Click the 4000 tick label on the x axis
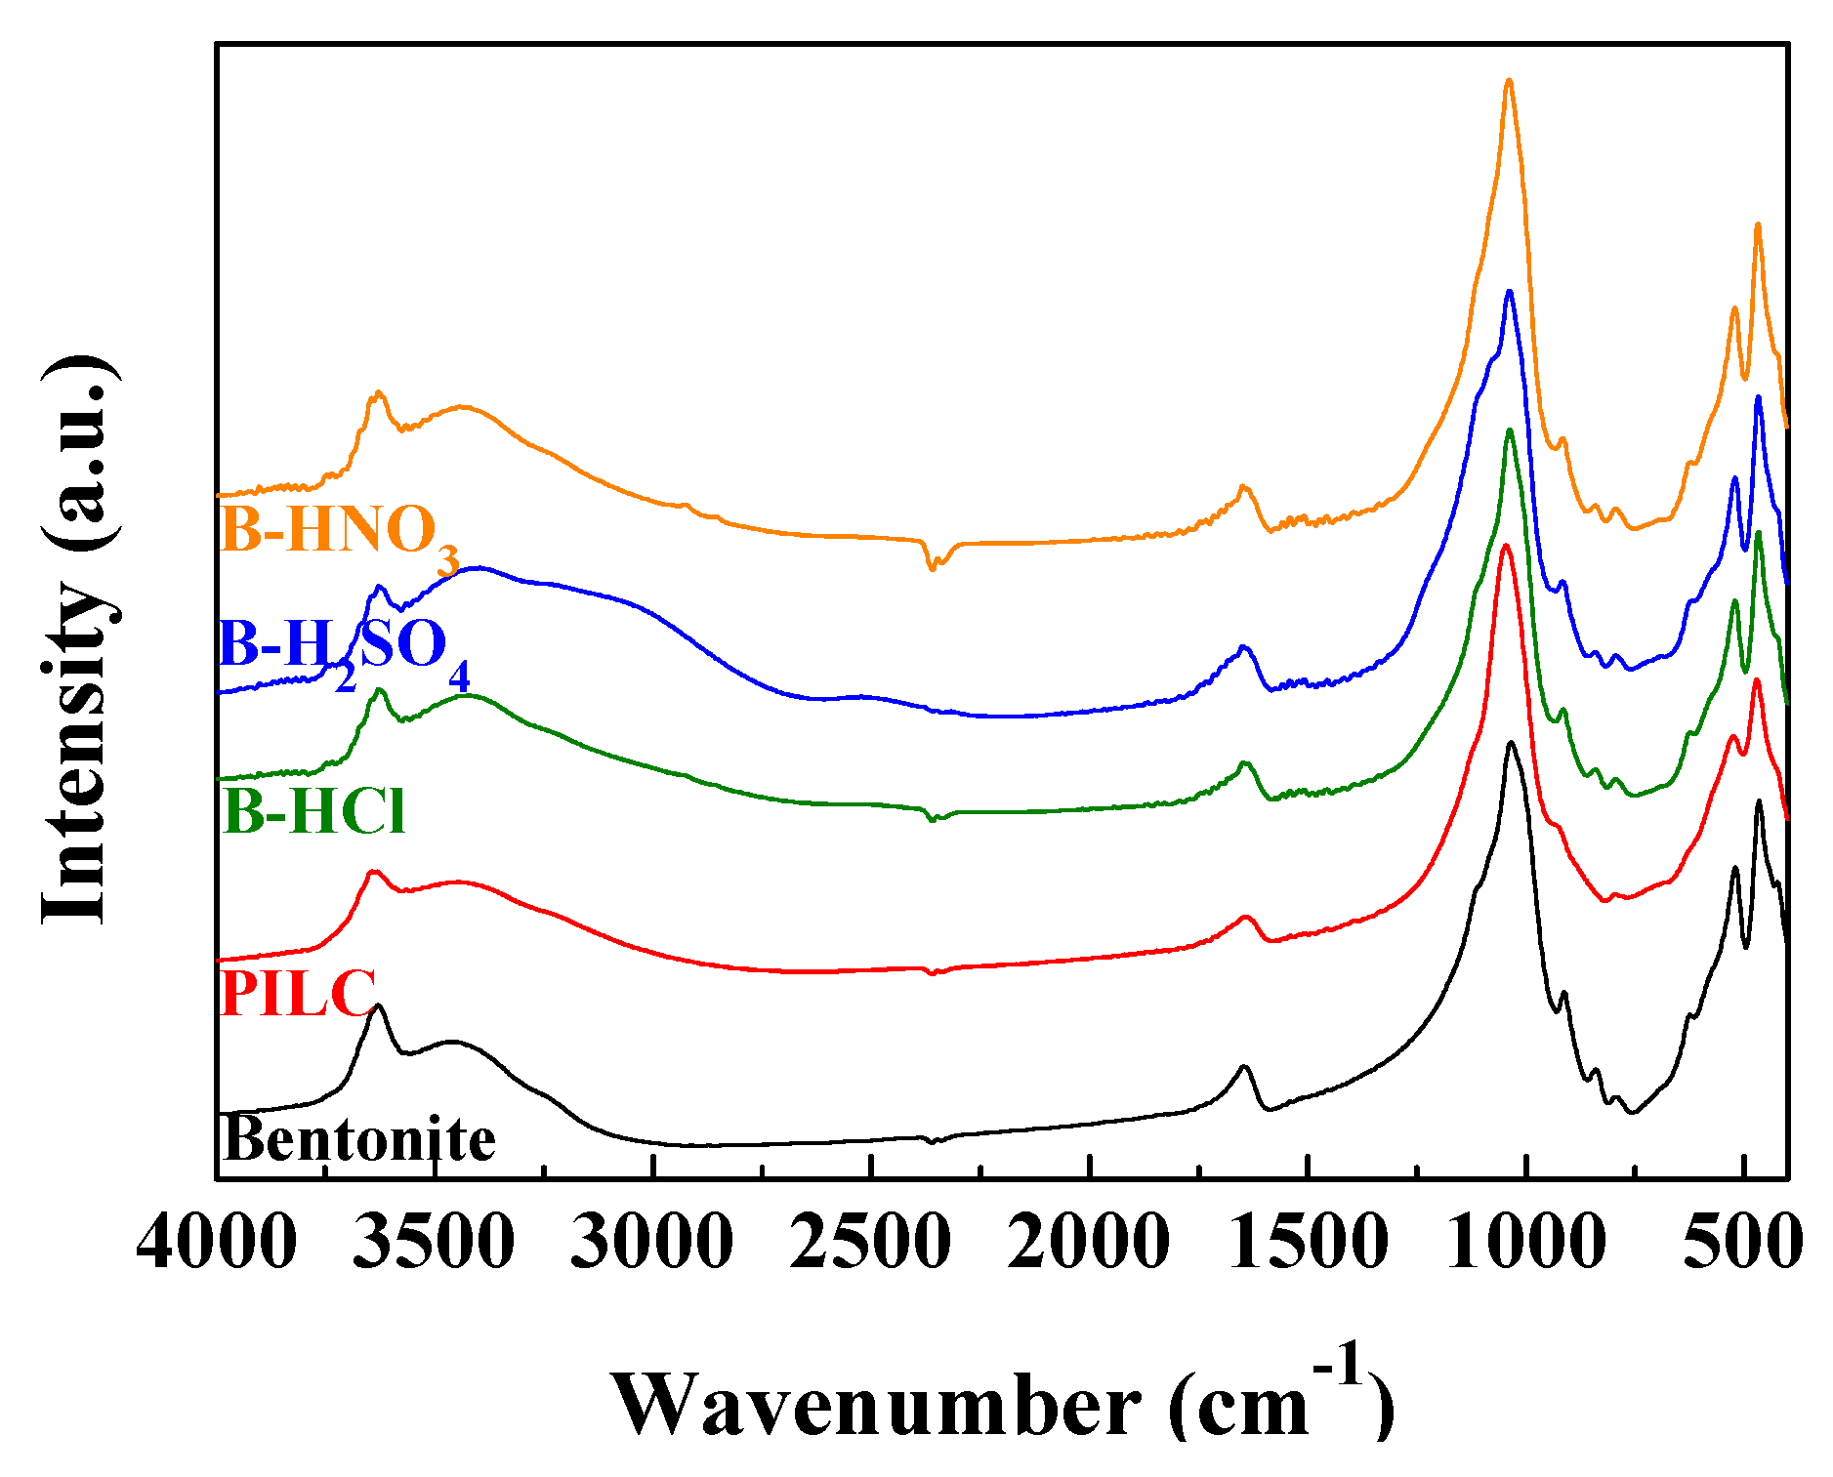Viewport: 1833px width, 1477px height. click(216, 1244)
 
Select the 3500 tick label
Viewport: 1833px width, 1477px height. click(434, 1244)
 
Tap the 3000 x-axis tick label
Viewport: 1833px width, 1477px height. click(651, 1244)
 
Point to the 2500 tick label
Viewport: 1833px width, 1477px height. click(869, 1244)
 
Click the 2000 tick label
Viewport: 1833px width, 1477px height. click(1088, 1244)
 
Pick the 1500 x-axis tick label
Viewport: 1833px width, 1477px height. click(1307, 1244)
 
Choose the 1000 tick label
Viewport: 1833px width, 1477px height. click(1524, 1244)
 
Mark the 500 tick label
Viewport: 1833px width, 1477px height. click(1743, 1244)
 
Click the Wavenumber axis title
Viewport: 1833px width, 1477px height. click(1003, 1402)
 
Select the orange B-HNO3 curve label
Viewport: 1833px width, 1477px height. click(338, 533)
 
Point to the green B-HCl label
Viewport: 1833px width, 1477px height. click(313, 810)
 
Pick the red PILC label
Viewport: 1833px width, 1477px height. click(298, 993)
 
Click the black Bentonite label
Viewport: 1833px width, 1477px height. click(358, 1138)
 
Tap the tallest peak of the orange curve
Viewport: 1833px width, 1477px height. click(1509, 82)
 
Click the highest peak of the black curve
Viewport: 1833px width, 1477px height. click(1512, 744)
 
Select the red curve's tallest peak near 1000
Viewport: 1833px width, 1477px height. click(1505, 547)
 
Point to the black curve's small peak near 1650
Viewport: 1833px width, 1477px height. click(1244, 1067)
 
